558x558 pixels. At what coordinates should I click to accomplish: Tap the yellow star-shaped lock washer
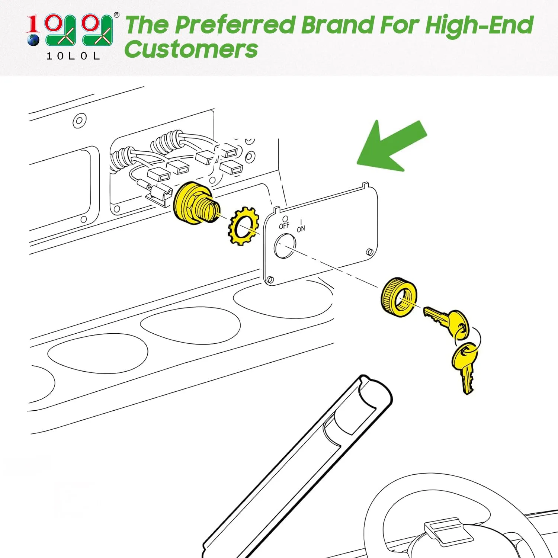tap(243, 226)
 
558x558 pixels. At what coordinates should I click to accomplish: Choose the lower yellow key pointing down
tap(466, 366)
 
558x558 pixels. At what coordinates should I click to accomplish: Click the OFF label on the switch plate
tap(284, 225)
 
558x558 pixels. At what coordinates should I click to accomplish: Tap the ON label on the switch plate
tap(301, 228)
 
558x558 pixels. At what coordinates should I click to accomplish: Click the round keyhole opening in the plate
tap(285, 246)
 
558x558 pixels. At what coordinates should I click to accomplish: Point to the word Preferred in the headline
tap(235, 25)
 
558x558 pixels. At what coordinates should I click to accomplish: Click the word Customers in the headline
tap(191, 49)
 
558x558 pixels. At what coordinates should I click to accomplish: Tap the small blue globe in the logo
tap(33, 40)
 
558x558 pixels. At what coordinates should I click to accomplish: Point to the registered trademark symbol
tap(116, 15)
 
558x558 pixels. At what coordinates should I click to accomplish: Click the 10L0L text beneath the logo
tap(73, 56)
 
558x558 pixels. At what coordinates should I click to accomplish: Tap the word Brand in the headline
tap(337, 25)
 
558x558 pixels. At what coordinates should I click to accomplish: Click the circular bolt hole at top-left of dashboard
tap(80, 121)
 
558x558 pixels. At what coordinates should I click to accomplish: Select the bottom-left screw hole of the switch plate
tap(270, 280)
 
